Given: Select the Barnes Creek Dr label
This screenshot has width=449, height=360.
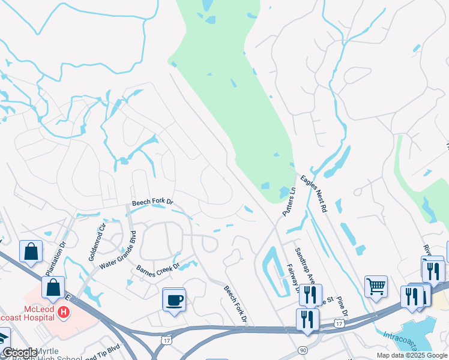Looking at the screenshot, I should tap(158, 271).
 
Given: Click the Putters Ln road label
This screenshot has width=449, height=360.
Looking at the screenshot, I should tap(289, 202).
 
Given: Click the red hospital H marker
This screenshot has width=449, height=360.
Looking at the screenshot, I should tap(63, 312).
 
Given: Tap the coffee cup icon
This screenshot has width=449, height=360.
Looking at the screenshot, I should tap(174, 299).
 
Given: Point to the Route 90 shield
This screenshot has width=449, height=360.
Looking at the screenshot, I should tap(301, 350).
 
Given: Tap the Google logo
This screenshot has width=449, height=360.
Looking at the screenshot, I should tap(19, 353).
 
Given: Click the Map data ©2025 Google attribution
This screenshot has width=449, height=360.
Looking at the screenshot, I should tap(412, 355).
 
